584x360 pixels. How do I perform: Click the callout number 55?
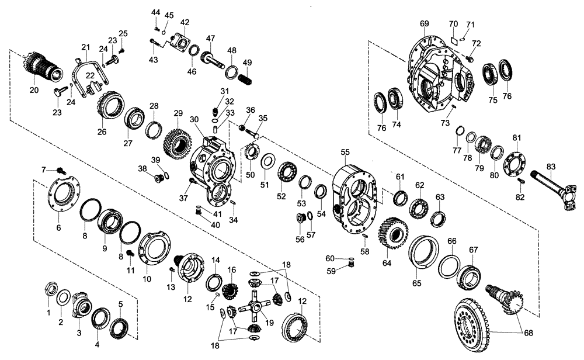pyautogui.click(x=345, y=152)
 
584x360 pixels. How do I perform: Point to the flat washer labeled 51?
pyautogui.click(x=269, y=160)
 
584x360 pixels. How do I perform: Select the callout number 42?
pyautogui.click(x=185, y=22)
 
